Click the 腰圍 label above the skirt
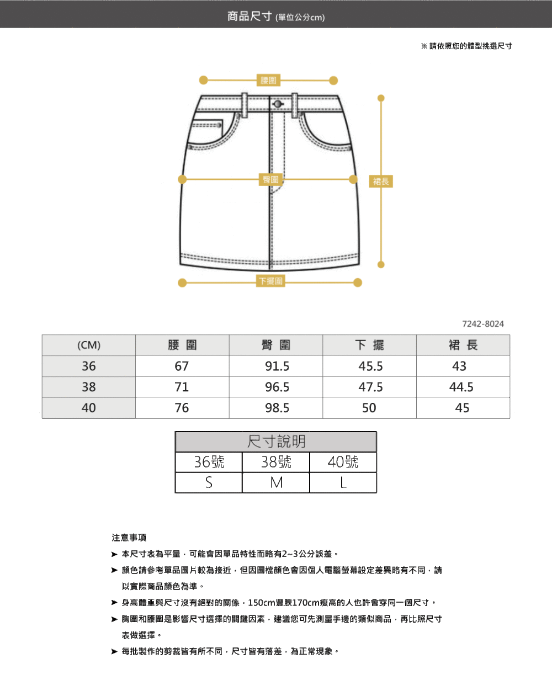[x=269, y=81]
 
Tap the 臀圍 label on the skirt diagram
[x=270, y=179]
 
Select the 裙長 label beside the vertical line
[x=381, y=181]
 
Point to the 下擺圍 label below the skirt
[x=270, y=281]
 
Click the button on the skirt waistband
[x=277, y=104]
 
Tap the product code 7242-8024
[x=483, y=324]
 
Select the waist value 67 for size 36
[x=182, y=366]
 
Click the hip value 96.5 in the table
[x=277, y=387]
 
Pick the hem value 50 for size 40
[x=369, y=408]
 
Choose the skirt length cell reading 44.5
[x=461, y=387]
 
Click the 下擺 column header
[x=369, y=346]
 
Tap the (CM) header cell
[x=89, y=346]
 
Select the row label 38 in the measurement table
[x=89, y=387]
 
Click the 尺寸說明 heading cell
[x=276, y=442]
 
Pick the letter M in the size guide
[x=276, y=483]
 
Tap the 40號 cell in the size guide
[x=343, y=462]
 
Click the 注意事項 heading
[x=129, y=538]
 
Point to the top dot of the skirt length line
[x=380, y=98]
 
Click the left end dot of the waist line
[x=203, y=81]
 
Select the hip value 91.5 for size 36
[x=277, y=366]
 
